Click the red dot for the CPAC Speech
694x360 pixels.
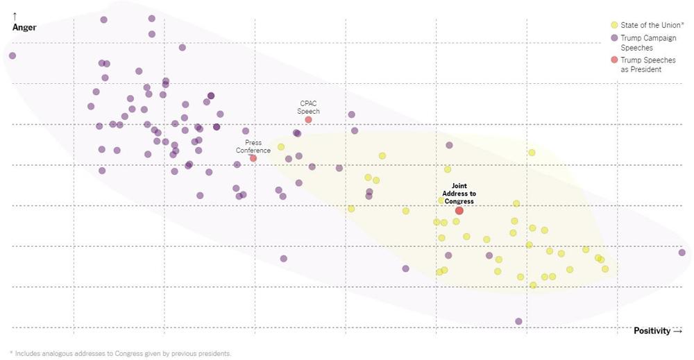tap(308, 120)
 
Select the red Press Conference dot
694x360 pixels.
tap(253, 158)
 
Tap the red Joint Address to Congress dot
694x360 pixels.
tap(459, 210)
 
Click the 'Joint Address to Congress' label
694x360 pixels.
tap(459, 194)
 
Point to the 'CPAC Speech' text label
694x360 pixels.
tap(308, 108)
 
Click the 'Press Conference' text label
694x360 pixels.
tap(253, 146)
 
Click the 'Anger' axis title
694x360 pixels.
tap(24, 28)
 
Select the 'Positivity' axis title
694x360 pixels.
tap(652, 331)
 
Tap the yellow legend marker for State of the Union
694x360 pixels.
tap(613, 25)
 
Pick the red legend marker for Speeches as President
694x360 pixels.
tap(613, 60)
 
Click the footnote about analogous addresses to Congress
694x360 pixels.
tap(120, 353)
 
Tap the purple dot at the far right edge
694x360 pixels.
tap(682, 252)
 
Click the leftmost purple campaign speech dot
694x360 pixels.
tap(12, 55)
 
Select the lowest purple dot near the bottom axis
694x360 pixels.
tap(518, 321)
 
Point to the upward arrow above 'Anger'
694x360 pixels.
tap(15, 15)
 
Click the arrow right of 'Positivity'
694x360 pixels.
tap(678, 331)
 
